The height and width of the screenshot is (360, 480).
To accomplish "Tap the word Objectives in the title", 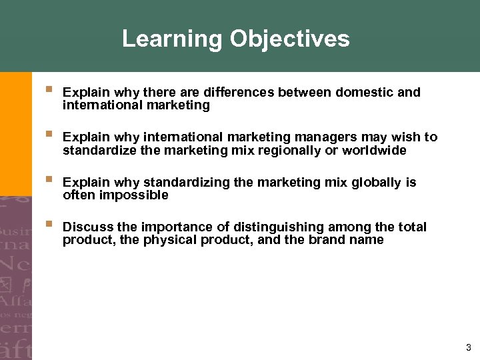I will click(x=289, y=39).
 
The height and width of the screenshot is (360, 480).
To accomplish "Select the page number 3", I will click(x=469, y=347).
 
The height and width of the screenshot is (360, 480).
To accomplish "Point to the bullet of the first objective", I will click(x=49, y=89).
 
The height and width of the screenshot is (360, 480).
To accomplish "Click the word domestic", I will click(x=364, y=92).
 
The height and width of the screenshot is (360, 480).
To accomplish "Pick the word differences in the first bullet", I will click(x=241, y=92).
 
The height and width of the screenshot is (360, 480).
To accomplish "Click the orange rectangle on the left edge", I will click(x=15, y=133).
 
